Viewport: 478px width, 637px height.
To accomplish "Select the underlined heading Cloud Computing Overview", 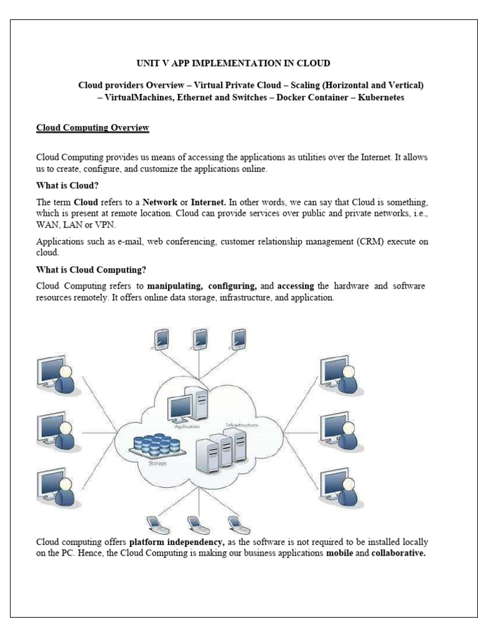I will pyautogui.click(x=93, y=128).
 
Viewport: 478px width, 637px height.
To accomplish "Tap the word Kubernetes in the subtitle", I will pyautogui.click(x=381, y=98).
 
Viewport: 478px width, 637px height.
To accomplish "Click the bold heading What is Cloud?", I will pyautogui.click(x=67, y=185).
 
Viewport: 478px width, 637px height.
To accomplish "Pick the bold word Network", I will pyautogui.click(x=160, y=202).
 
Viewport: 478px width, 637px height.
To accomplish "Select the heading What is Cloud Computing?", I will pyautogui.click(x=91, y=270).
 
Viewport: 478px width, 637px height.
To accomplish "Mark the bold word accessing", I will pyautogui.click(x=296, y=286).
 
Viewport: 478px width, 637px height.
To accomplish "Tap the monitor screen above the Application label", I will pyautogui.click(x=181, y=407).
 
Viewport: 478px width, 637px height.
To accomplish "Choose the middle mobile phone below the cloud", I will pyautogui.click(x=194, y=524).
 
